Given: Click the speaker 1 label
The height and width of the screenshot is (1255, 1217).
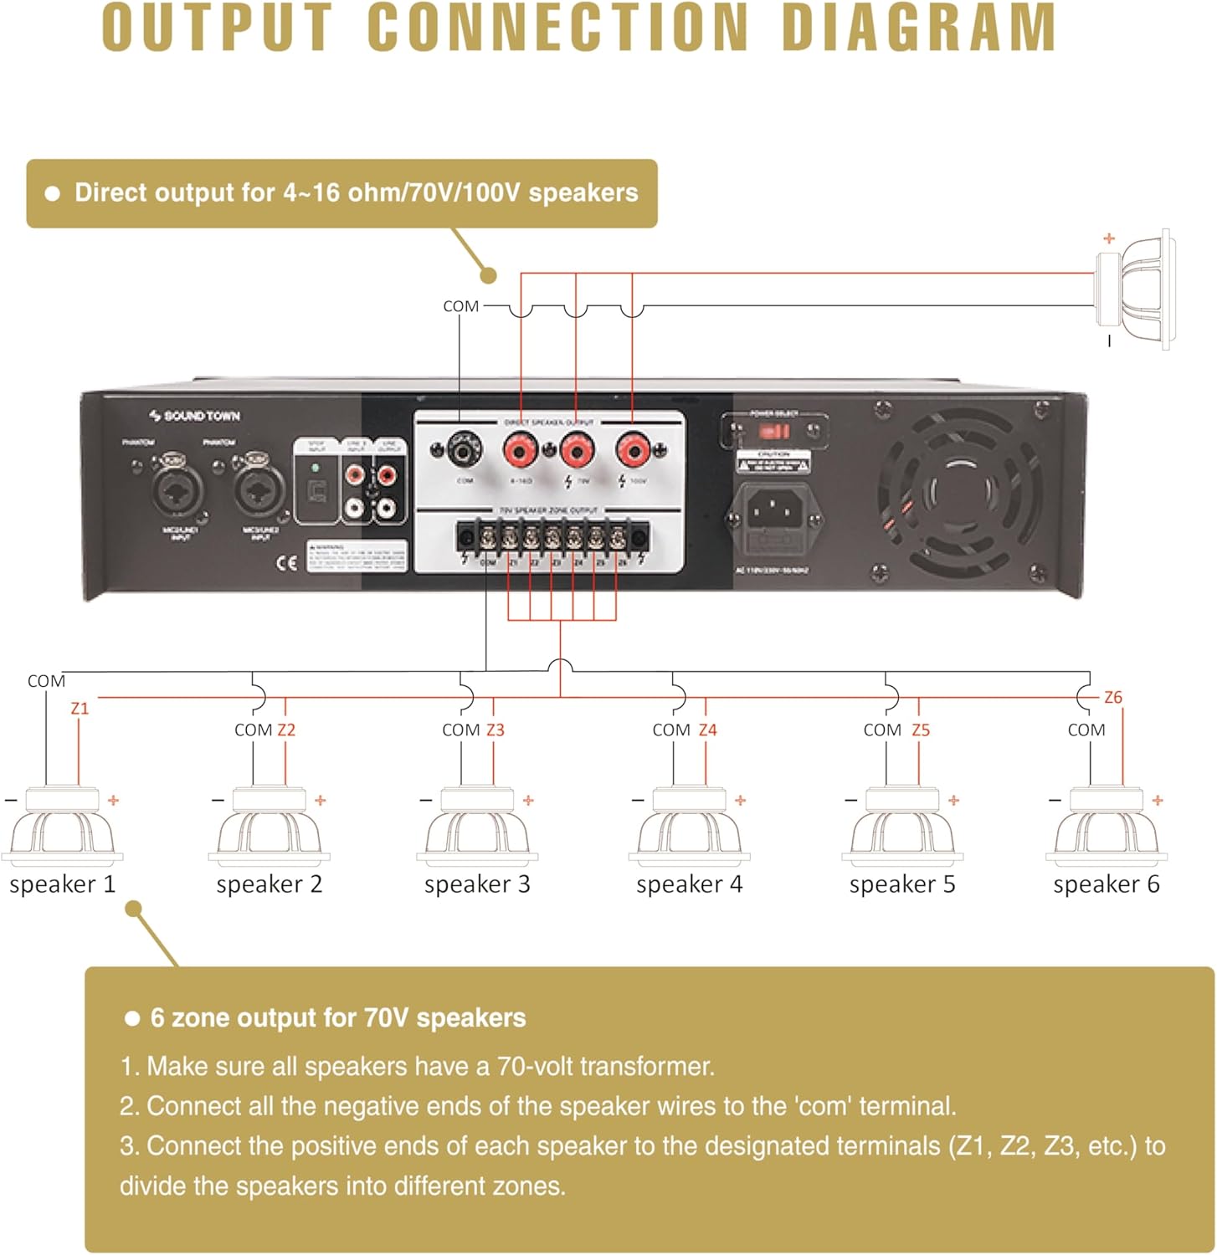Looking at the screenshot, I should pyautogui.click(x=62, y=884).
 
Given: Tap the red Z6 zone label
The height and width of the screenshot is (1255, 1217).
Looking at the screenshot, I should pyautogui.click(x=1112, y=697).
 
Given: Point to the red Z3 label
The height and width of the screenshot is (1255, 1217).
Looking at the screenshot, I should pyautogui.click(x=496, y=730).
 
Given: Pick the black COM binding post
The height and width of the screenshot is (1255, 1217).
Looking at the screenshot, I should pyautogui.click(x=463, y=452).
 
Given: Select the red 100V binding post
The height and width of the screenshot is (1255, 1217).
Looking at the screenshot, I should pyautogui.click(x=633, y=452).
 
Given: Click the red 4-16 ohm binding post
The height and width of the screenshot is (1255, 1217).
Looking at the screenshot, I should pyautogui.click(x=521, y=452).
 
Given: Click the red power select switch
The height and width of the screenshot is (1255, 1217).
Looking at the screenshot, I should pyautogui.click(x=774, y=432).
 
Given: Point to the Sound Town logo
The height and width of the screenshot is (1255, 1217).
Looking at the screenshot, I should pyautogui.click(x=194, y=416).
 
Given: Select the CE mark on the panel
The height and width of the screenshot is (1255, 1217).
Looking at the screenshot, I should pyautogui.click(x=286, y=562).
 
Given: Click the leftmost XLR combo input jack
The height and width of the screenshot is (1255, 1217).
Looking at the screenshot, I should pyautogui.click(x=178, y=490).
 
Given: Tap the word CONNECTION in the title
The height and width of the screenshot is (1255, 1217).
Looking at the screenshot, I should pyautogui.click(x=558, y=28).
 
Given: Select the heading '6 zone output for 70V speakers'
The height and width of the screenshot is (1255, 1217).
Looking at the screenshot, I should pyautogui.click(x=337, y=1017).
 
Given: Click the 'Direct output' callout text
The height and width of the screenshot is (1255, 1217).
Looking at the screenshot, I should pyautogui.click(x=356, y=192).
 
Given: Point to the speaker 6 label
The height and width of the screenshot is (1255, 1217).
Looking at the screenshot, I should pyautogui.click(x=1106, y=884).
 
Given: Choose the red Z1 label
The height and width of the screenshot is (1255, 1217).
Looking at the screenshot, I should pyautogui.click(x=80, y=708).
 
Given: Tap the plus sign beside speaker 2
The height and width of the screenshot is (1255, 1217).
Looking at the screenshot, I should pyautogui.click(x=320, y=801).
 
